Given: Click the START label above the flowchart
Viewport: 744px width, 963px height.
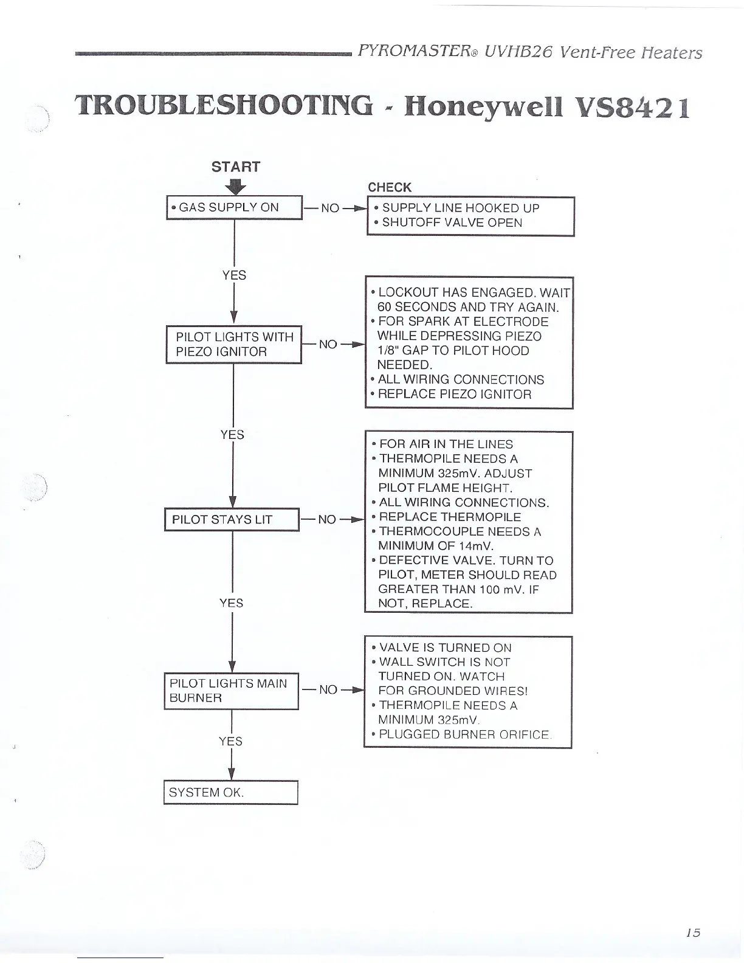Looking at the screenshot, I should pyautogui.click(x=235, y=167).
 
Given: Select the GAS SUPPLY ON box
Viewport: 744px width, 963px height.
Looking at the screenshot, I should pyautogui.click(x=234, y=207).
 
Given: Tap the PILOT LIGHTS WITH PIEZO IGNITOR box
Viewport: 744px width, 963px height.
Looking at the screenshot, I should pyautogui.click(x=234, y=344).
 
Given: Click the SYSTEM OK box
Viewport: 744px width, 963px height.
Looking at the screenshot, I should pyautogui.click(x=230, y=792).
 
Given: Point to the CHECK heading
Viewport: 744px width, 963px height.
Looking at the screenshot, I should pyautogui.click(x=390, y=187).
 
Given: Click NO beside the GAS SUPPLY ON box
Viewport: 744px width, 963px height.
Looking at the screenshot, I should pyautogui.click(x=329, y=208).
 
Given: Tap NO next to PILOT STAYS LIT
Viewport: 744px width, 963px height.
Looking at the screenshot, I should pyautogui.click(x=327, y=520).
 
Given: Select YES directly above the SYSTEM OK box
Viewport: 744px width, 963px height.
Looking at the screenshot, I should pyautogui.click(x=231, y=741).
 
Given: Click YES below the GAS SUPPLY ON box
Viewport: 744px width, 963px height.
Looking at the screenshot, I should pyautogui.click(x=234, y=275).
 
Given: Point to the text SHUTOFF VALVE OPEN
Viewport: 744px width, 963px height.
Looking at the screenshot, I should pyautogui.click(x=452, y=223).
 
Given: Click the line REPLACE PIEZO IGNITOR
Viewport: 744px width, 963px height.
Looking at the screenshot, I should pyautogui.click(x=454, y=394).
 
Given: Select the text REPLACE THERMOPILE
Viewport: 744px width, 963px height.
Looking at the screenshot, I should pyautogui.click(x=450, y=517).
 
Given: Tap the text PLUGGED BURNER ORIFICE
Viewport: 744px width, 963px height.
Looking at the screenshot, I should pyautogui.click(x=464, y=734).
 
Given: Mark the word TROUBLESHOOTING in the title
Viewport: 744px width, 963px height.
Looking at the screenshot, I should pyautogui.click(x=223, y=106).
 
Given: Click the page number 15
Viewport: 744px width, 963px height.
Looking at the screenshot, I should pyautogui.click(x=692, y=933).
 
